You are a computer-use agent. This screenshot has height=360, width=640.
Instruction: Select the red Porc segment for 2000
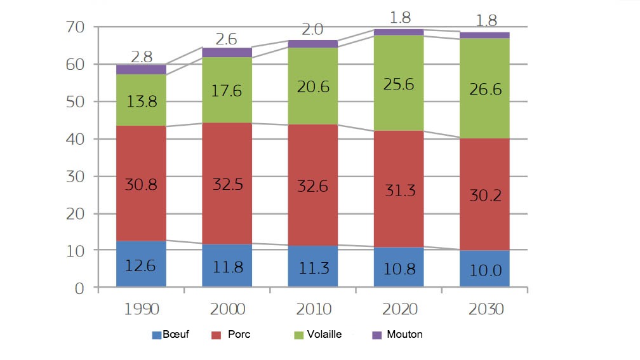coord(227,183)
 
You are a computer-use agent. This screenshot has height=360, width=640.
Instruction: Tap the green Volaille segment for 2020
coord(399,83)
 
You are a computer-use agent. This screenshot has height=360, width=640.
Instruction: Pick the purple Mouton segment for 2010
coord(313,44)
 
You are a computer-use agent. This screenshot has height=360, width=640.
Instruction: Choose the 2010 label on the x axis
coord(313,309)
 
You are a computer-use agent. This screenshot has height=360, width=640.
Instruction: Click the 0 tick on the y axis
coord(79,288)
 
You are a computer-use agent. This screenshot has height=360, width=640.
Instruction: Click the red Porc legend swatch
coord(215,335)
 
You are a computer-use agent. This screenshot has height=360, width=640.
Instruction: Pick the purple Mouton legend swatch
coord(377,335)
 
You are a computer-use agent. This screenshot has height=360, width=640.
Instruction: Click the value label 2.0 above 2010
coord(312,29)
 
